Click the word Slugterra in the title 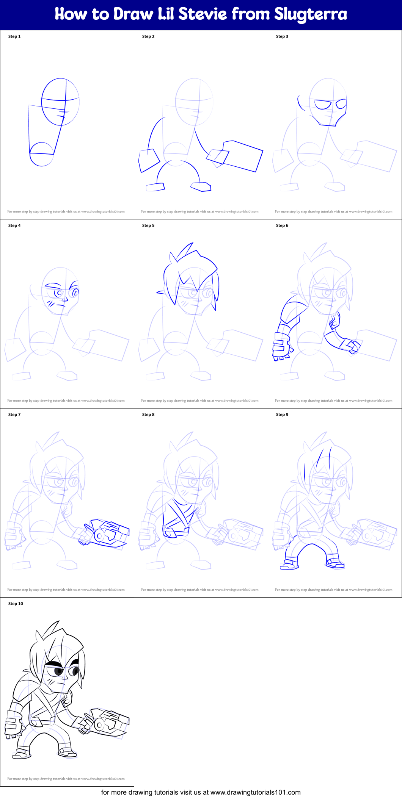click(311, 14)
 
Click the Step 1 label click(14, 36)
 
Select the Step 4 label click(14, 225)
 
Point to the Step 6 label click(282, 225)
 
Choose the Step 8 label click(148, 415)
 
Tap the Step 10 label click(16, 604)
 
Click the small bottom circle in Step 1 click(41, 155)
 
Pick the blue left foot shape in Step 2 click(155, 187)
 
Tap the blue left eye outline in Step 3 click(323, 104)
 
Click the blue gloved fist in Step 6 click(281, 347)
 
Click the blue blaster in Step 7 click(106, 533)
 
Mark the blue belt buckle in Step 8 click(170, 532)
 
